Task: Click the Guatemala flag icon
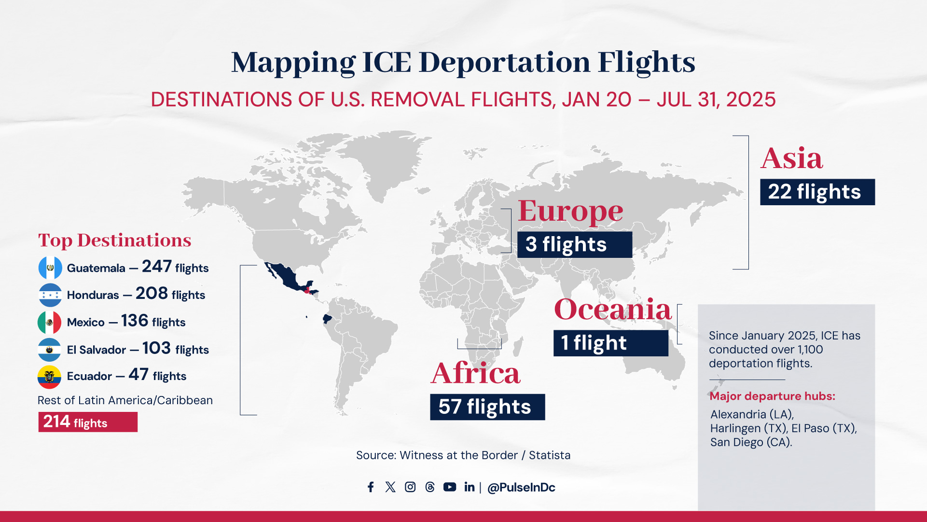click(x=50, y=268)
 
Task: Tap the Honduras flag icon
click(x=50, y=295)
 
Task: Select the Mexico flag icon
click(x=50, y=322)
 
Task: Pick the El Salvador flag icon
click(x=50, y=350)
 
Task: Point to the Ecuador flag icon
click(x=50, y=377)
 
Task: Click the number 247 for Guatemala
click(x=157, y=266)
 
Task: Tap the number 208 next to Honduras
click(x=152, y=293)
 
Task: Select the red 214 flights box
click(x=88, y=422)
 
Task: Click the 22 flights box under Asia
click(x=817, y=192)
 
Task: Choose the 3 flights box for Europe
click(x=575, y=244)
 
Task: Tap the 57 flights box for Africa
click(x=487, y=407)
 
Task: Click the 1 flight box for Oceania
click(x=611, y=343)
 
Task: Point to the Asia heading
click(x=792, y=158)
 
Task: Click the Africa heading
click(x=476, y=373)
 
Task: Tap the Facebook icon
click(x=371, y=487)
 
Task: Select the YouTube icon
click(x=450, y=487)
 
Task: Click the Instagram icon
click(x=410, y=487)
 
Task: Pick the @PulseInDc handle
click(x=521, y=488)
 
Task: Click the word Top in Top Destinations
click(x=55, y=240)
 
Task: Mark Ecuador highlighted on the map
click(x=327, y=319)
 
